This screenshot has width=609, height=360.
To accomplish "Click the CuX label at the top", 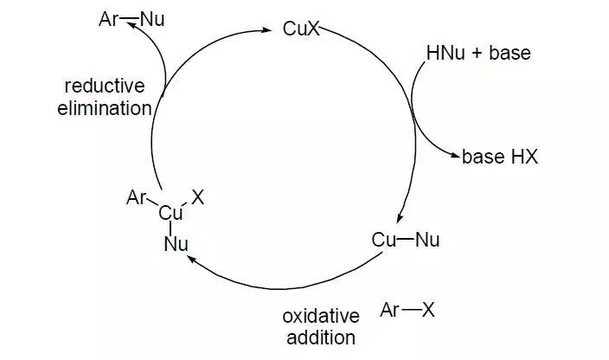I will point(301,29).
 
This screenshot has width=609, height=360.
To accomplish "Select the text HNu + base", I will point(478,54).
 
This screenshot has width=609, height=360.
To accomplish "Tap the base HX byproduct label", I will point(499,157).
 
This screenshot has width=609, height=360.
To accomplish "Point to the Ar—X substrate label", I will point(407,310).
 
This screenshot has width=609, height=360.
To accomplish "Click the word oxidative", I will point(318,314).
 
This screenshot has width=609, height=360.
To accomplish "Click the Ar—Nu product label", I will point(125,18).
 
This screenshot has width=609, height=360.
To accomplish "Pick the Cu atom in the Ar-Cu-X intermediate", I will point(170,213).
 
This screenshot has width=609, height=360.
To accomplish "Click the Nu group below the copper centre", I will point(176,244).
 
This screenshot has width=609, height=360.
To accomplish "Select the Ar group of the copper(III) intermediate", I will point(137,198).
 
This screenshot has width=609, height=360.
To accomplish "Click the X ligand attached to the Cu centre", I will point(198,197).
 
